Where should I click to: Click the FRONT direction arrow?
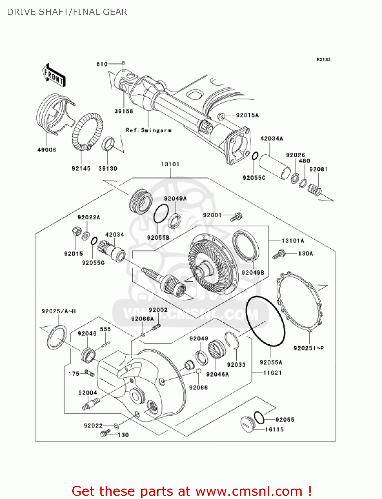(53, 76)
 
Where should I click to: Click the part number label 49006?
(47, 150)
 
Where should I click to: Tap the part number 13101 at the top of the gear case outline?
(170, 164)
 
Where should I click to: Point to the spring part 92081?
(314, 190)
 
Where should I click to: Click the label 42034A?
(271, 138)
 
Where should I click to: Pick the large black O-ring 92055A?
(265, 321)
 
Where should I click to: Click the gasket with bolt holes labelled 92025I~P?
(300, 301)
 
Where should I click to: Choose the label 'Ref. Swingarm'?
(149, 130)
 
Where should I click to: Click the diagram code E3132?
(323, 60)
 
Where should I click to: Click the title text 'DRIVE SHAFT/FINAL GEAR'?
(67, 12)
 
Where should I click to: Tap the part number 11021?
(272, 373)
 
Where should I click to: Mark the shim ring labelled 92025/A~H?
(57, 337)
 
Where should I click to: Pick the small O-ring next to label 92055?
(259, 417)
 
